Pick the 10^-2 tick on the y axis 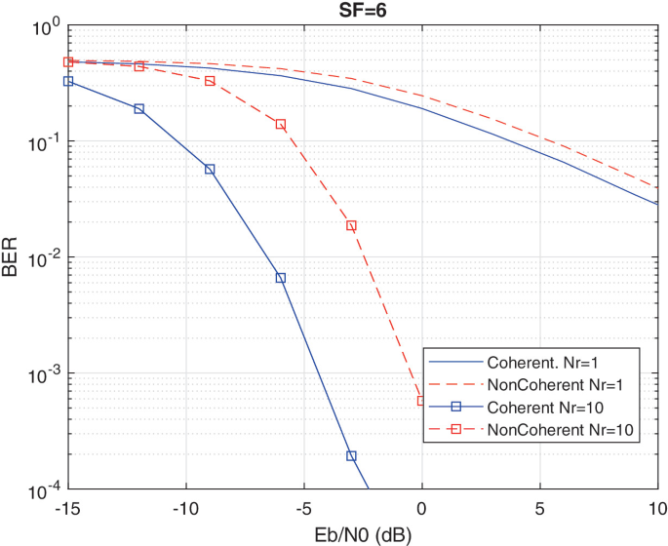(x=39, y=258)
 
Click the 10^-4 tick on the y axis (x=39, y=489)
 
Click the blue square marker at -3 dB (x=351, y=456)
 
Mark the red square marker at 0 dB (x=421, y=401)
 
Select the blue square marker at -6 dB (x=280, y=278)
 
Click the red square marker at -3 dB (x=351, y=225)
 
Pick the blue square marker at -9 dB (x=210, y=170)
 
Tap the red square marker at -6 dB (x=280, y=125)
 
